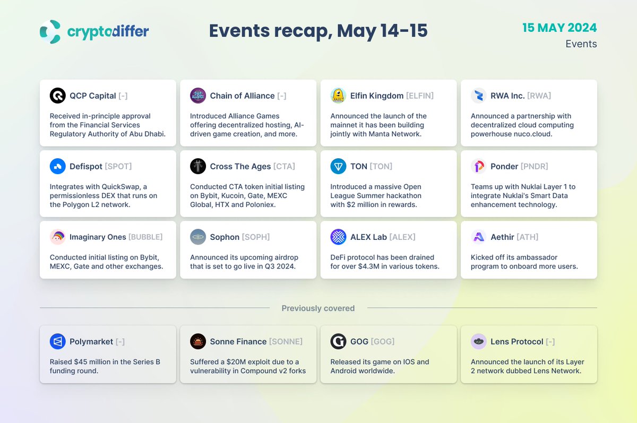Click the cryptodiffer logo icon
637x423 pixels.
(x=50, y=31)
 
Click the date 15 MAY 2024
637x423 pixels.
(x=559, y=28)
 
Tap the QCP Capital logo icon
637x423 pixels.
(x=57, y=96)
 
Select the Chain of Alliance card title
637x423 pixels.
(x=242, y=96)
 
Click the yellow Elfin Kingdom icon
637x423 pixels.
(x=338, y=96)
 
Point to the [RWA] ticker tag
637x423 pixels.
(x=539, y=96)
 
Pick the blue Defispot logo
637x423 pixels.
(x=57, y=166)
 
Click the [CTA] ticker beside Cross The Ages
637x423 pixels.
(x=284, y=166)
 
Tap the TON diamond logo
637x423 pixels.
(x=338, y=166)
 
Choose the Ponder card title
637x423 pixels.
(x=504, y=166)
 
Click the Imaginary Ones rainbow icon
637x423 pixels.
(x=57, y=237)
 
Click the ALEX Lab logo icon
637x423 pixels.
(x=338, y=237)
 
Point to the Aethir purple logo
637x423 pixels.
(x=479, y=237)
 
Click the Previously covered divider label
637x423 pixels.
(x=318, y=308)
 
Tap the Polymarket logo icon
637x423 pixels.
(x=57, y=341)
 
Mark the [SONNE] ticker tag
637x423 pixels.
(x=286, y=341)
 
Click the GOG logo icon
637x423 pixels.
(x=338, y=341)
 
